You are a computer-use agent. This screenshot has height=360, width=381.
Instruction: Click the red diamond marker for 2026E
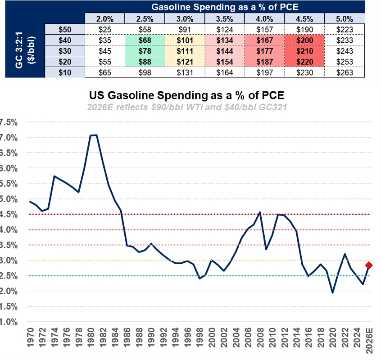coord(369,265)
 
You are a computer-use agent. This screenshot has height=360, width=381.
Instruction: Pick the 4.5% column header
coord(304,19)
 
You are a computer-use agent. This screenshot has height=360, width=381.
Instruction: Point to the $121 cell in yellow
coord(185,62)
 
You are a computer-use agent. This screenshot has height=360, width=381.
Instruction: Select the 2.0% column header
coord(104,19)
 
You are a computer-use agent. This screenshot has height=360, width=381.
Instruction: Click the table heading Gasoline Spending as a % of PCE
coord(225,7)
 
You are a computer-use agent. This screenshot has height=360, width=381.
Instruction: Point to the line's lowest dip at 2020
coord(333,293)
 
